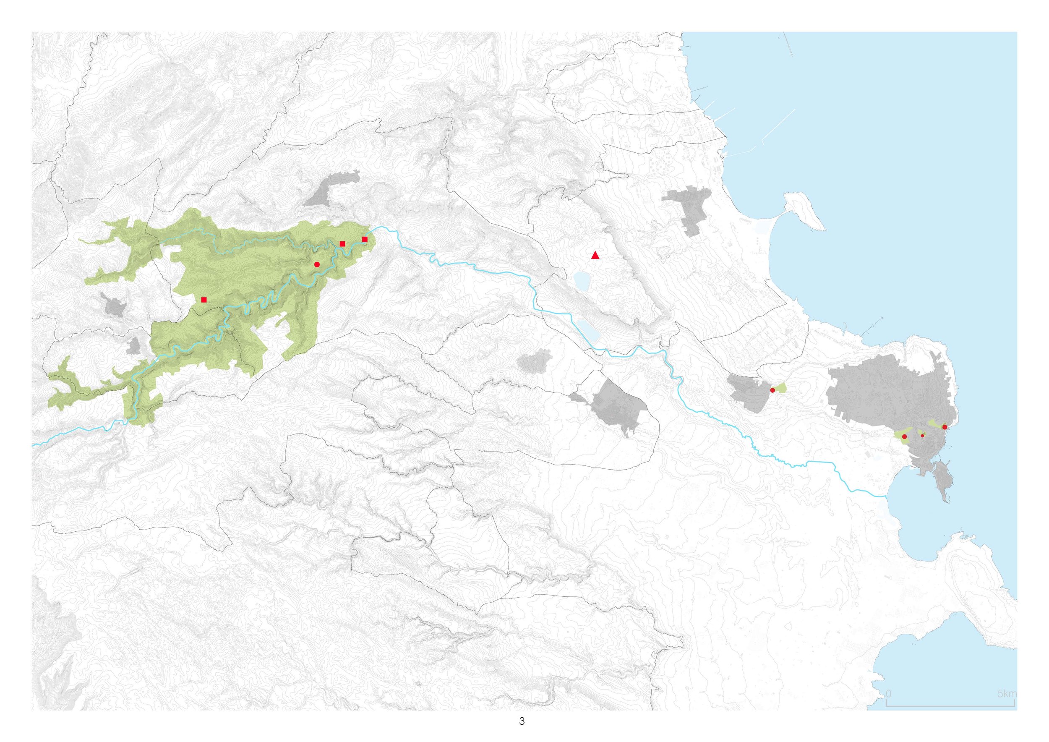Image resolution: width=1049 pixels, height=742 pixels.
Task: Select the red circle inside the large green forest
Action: (x=317, y=264)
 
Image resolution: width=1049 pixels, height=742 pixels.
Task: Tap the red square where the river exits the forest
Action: (x=365, y=239)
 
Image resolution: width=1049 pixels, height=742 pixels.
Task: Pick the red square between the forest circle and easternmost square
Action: (x=342, y=243)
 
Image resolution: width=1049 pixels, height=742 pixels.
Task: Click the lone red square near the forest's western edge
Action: (x=204, y=300)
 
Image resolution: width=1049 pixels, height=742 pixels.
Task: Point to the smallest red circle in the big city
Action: (x=922, y=436)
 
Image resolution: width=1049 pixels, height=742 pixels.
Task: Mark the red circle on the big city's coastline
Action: (x=945, y=427)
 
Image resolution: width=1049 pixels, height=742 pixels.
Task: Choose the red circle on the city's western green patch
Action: (x=905, y=437)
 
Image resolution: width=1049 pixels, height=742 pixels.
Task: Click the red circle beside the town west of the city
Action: (x=772, y=390)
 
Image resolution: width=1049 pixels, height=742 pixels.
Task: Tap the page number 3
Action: (x=522, y=722)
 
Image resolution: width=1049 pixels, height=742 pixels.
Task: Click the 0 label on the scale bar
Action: (x=888, y=694)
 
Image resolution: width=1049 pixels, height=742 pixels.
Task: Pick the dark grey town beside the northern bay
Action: (x=688, y=208)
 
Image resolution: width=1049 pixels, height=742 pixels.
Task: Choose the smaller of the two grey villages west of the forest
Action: (x=134, y=346)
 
